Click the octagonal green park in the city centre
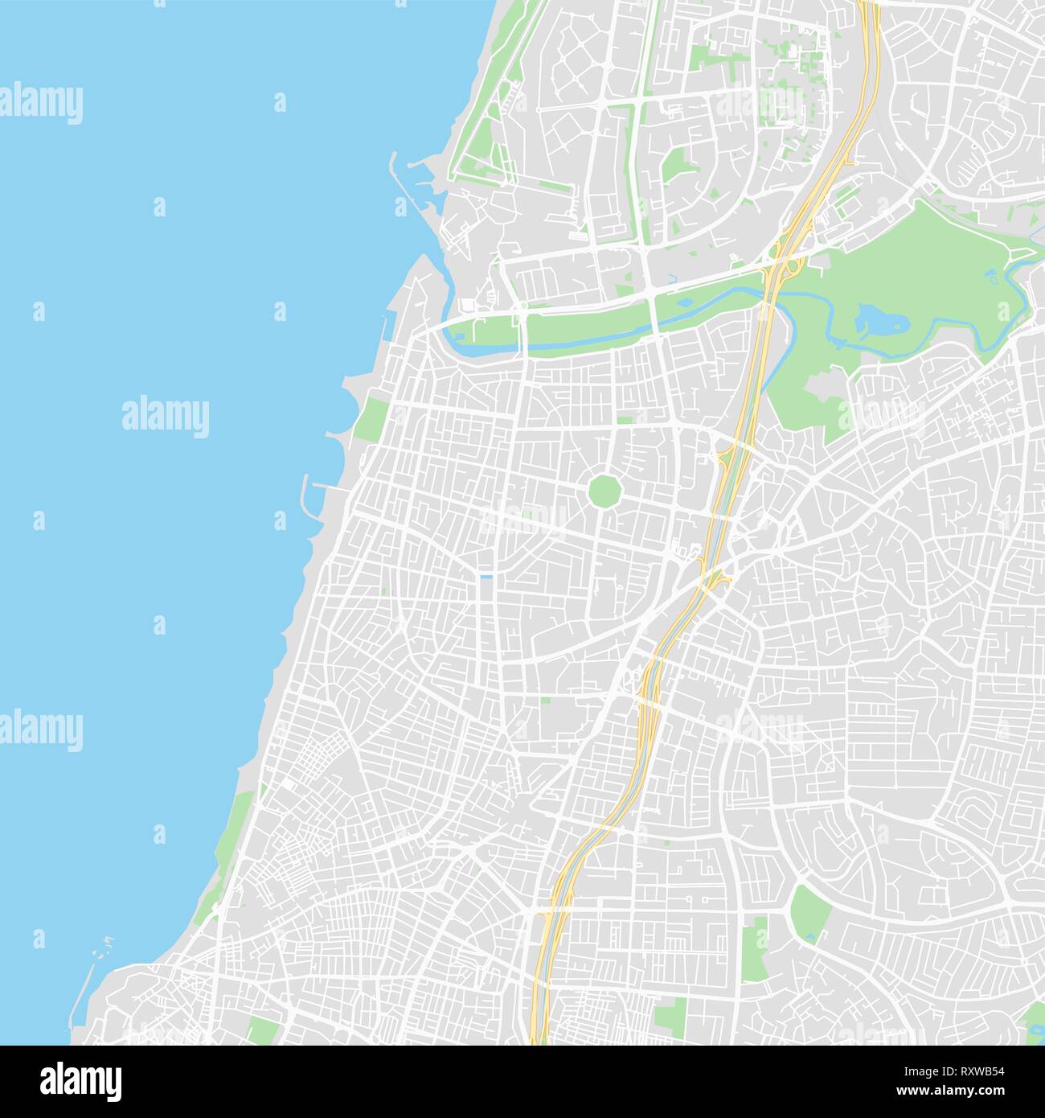(x=602, y=491)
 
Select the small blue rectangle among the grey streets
(x=486, y=577)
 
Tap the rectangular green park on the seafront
(x=371, y=418)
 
